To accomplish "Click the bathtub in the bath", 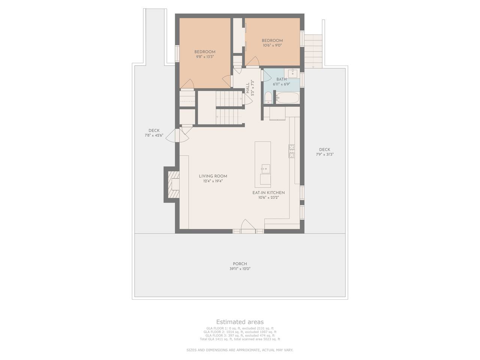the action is click(x=287, y=98).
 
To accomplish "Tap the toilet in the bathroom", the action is click(x=268, y=97).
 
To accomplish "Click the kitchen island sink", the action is click(x=265, y=169).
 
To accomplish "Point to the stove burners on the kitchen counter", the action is click(x=291, y=151).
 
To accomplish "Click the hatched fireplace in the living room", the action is click(x=174, y=184).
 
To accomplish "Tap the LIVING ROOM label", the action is click(x=213, y=176).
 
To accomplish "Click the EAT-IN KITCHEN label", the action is click(x=268, y=193).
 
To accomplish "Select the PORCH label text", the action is click(x=240, y=264).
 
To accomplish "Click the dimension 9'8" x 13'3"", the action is click(x=205, y=57).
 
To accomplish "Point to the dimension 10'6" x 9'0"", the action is click(x=272, y=45).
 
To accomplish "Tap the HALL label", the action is click(x=247, y=88).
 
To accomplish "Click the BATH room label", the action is click(x=282, y=79).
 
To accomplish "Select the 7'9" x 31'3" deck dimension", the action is click(x=324, y=154).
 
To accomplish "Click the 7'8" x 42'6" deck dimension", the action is click(x=154, y=135).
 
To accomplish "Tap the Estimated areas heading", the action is click(x=240, y=322).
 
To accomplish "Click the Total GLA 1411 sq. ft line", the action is click(x=240, y=339).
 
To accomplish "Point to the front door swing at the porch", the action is click(x=248, y=225).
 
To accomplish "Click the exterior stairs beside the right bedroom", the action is click(x=313, y=51).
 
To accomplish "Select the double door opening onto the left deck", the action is click(x=177, y=135).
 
